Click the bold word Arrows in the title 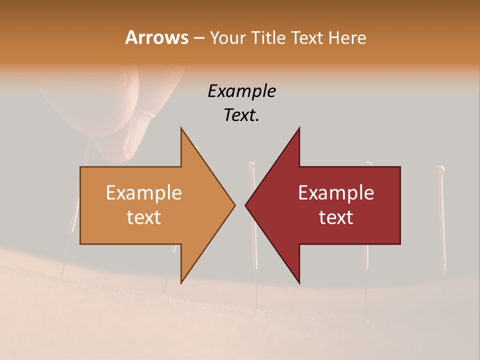(x=156, y=37)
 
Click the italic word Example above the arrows (x=241, y=91)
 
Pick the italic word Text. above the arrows (x=241, y=115)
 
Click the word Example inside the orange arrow (x=143, y=193)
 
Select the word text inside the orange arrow (x=143, y=217)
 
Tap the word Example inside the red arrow (x=336, y=193)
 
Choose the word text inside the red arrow (x=336, y=217)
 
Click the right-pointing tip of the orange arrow (x=234, y=205)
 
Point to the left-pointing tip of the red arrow (x=245, y=205)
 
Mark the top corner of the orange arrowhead (x=181, y=128)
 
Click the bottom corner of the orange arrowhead (x=181, y=282)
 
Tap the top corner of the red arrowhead (x=299, y=128)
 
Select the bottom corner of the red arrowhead (x=299, y=282)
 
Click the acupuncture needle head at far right (x=440, y=170)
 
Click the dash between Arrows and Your (x=198, y=38)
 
